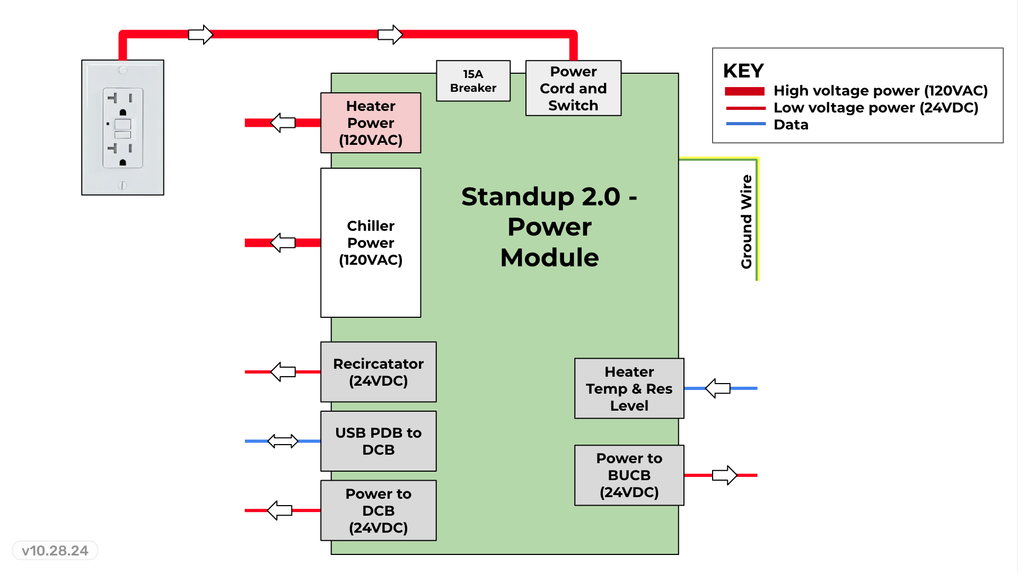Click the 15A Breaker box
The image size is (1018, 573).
point(473,81)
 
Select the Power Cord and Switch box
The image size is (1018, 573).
point(573,88)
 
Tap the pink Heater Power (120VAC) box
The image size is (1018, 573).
point(371,123)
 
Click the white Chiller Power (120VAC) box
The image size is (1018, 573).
point(371,242)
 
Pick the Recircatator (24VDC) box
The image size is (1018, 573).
point(378,372)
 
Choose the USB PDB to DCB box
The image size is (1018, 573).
point(378,441)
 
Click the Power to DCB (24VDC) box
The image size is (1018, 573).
point(378,510)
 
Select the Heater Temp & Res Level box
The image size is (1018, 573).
point(629,388)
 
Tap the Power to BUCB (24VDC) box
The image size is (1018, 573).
point(629,475)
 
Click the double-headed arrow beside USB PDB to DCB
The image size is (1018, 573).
point(283,441)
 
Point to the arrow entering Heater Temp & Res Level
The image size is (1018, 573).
point(717,388)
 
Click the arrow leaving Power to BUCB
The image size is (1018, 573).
point(724,475)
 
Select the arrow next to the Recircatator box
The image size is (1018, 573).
point(283,372)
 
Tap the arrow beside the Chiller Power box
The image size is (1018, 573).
point(283,242)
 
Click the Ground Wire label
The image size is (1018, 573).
point(747,222)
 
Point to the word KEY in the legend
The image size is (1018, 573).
point(743,71)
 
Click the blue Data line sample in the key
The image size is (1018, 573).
point(745,124)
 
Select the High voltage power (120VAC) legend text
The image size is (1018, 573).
point(880,91)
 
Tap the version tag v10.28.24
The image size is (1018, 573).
point(55,551)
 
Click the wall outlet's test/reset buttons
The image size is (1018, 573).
point(122,129)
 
